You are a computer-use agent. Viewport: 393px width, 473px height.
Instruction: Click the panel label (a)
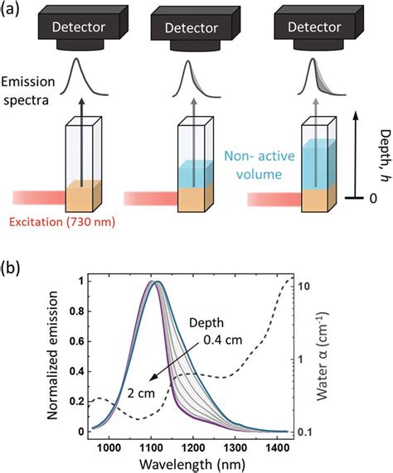pos(14,11)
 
